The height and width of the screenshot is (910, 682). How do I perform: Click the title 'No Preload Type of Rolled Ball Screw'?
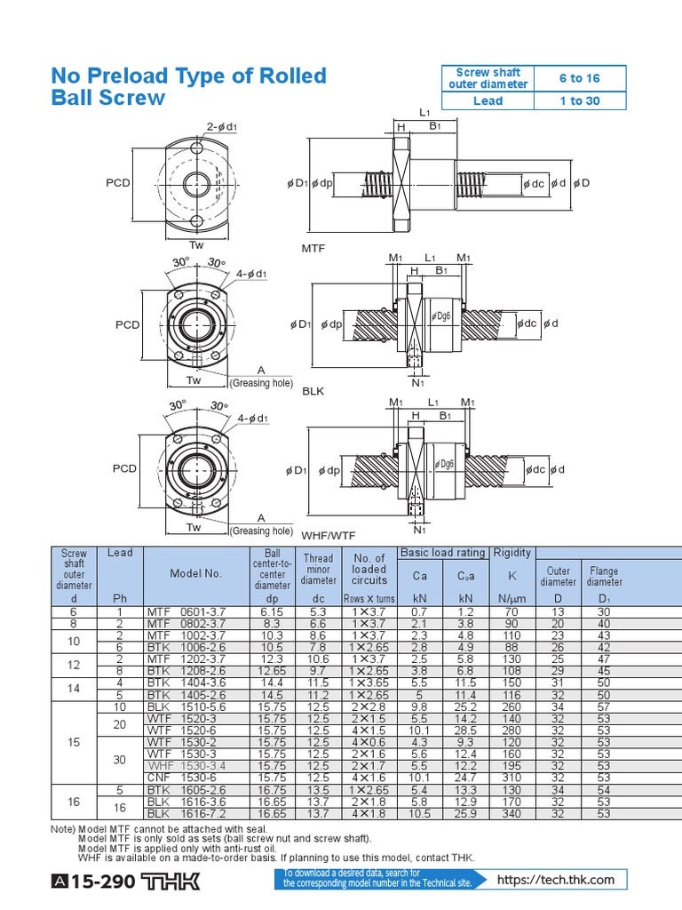point(189,86)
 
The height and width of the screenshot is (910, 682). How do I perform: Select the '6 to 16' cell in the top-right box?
point(580,78)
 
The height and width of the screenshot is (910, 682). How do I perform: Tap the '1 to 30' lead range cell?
point(580,100)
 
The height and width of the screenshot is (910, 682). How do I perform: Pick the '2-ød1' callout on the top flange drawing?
point(222,126)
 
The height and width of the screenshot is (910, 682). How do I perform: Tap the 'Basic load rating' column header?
point(442,553)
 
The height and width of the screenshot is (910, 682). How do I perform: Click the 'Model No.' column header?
point(195,574)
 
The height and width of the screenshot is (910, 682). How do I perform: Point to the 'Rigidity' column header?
point(511,553)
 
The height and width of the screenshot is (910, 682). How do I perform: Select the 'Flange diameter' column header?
point(604,576)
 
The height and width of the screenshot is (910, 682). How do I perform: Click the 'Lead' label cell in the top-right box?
point(488,100)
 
